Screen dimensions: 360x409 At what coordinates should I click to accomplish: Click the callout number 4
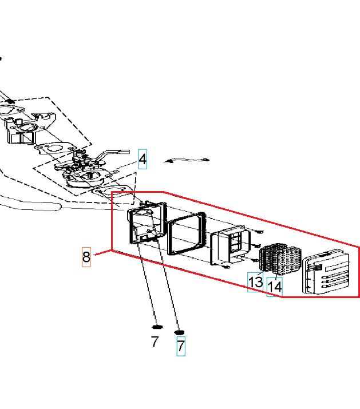(x=143, y=159)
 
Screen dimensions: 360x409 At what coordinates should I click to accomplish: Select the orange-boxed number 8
(x=86, y=257)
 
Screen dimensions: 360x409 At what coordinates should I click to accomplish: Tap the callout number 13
(x=255, y=282)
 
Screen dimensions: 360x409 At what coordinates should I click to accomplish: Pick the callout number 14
(x=275, y=287)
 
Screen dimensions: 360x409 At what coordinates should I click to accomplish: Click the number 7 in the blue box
(x=181, y=346)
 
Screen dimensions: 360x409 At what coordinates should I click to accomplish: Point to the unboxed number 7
(x=155, y=342)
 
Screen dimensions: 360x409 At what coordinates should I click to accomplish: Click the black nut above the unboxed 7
(x=157, y=327)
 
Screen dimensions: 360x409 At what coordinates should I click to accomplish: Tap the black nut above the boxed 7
(x=179, y=332)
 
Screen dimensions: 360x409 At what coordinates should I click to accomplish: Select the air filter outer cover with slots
(x=326, y=272)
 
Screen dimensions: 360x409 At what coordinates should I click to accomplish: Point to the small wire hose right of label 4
(x=187, y=160)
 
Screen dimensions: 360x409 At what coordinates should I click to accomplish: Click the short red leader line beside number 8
(x=102, y=252)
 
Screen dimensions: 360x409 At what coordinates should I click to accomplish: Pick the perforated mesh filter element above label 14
(x=287, y=261)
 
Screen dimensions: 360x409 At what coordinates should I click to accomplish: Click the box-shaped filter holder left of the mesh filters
(x=230, y=247)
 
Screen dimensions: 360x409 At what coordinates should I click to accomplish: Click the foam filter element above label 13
(x=267, y=258)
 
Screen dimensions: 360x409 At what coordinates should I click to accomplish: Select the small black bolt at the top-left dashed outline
(x=10, y=101)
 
